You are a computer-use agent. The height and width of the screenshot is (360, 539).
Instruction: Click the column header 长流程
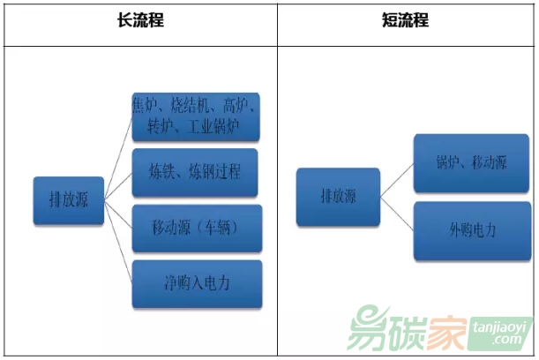click(x=140, y=19)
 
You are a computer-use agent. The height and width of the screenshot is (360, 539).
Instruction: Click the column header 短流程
click(x=406, y=19)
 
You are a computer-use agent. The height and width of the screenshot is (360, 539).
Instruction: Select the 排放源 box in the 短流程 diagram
click(x=338, y=196)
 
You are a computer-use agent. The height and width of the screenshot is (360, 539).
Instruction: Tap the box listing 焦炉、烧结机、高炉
click(x=195, y=116)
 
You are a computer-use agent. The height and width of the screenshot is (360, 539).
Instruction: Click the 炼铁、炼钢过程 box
click(x=195, y=173)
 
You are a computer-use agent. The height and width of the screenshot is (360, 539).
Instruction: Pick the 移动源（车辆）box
click(x=196, y=229)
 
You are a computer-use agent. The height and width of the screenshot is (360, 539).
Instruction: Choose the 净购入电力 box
click(x=197, y=284)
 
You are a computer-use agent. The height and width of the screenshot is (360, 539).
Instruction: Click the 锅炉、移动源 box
click(x=471, y=163)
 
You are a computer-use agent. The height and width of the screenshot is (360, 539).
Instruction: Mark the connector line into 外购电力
click(x=397, y=214)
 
